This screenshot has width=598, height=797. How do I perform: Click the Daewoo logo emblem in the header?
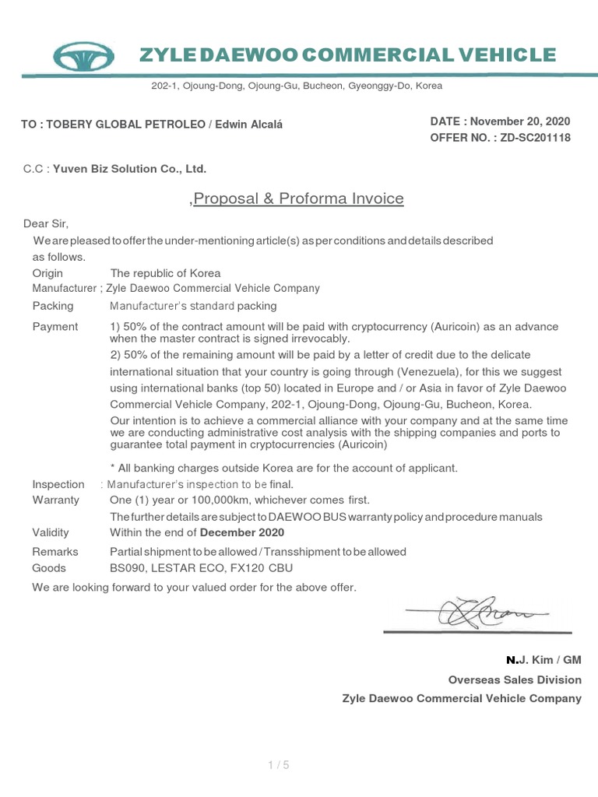[84, 56]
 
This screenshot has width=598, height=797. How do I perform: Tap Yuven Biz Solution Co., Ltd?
[129, 168]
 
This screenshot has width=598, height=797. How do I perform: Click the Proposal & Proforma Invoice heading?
[298, 198]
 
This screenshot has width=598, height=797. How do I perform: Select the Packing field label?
[53, 306]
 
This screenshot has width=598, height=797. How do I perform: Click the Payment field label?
[55, 327]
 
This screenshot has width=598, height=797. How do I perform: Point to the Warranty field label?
[55, 500]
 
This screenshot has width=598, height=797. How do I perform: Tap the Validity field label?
[51, 533]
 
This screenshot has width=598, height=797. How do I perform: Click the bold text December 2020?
[242, 533]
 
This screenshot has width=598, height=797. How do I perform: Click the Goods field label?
[49, 568]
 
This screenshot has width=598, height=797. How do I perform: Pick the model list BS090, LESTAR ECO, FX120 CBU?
[201, 568]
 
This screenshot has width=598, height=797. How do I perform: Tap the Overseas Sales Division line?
[515, 679]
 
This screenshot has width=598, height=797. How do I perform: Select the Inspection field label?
[58, 484]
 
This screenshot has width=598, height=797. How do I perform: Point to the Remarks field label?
[55, 552]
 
